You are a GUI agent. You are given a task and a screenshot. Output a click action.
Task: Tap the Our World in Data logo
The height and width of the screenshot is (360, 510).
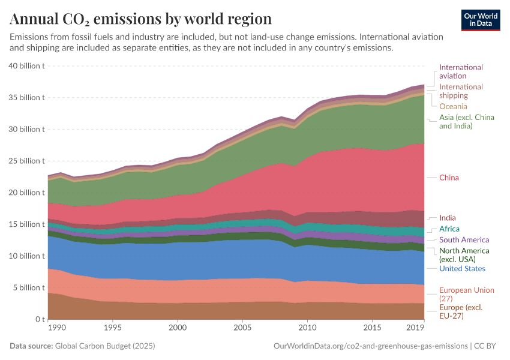[x=481, y=19]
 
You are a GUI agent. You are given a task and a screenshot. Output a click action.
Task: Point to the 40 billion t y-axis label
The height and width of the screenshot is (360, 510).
[x=26, y=66]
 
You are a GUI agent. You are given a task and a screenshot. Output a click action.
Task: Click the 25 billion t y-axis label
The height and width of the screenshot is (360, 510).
[x=26, y=161]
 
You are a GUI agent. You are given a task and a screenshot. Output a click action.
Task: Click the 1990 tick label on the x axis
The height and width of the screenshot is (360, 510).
[x=56, y=328]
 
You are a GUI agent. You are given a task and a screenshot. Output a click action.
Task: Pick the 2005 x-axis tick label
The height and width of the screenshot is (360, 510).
[x=242, y=328]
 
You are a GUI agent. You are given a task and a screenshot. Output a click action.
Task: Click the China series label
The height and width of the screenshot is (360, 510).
[x=450, y=178]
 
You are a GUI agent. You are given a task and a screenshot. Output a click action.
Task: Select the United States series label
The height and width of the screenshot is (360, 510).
[x=462, y=268]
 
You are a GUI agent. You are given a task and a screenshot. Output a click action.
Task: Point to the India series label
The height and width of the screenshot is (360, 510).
[x=448, y=218]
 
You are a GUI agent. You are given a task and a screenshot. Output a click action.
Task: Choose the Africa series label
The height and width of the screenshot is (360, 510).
[x=449, y=229]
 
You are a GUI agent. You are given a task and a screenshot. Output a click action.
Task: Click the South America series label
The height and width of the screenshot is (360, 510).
[x=464, y=239]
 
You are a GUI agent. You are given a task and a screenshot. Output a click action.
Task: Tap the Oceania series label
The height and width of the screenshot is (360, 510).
[x=453, y=106]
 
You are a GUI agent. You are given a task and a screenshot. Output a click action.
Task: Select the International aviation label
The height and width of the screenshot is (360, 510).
[x=461, y=71]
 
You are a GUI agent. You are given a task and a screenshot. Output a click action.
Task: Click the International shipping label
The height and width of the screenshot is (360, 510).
[x=461, y=91]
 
